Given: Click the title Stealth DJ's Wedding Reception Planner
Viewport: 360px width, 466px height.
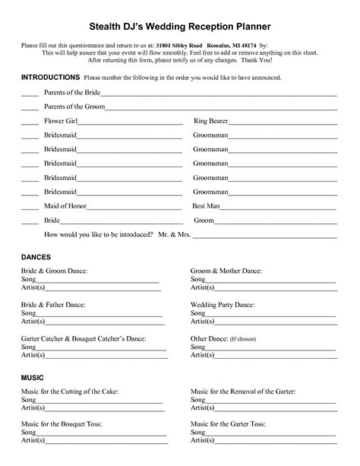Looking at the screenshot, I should point(179,27).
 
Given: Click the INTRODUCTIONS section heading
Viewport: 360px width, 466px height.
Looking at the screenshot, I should point(49,78).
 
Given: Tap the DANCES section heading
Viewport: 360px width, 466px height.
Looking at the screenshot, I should point(36,258).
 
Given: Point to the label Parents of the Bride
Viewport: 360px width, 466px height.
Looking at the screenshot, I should point(72,93).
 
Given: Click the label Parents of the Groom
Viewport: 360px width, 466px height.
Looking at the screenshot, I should point(74,106).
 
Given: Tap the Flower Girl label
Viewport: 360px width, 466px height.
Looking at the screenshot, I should point(61,121).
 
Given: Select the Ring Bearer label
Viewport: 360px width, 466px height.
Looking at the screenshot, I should point(211,121).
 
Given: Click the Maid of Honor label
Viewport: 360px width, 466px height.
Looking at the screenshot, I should point(65,205).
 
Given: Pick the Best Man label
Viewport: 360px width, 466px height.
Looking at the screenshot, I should point(206,205).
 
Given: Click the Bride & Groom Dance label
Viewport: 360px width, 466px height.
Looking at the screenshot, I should point(55,271).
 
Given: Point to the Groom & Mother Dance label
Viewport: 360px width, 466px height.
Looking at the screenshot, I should point(226,271).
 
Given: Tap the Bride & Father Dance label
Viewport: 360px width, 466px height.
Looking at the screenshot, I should point(54,304).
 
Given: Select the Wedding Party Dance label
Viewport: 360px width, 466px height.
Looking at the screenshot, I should point(223,304).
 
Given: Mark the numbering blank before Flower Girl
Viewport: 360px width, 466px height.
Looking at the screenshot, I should point(30,123).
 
